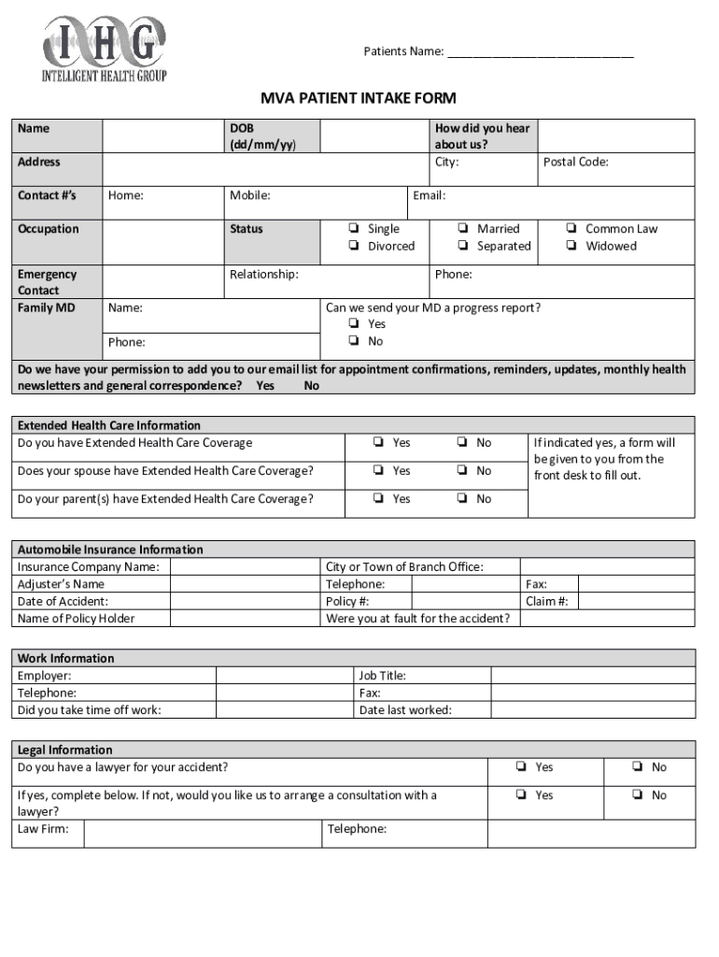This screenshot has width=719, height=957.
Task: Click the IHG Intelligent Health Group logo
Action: (104, 48)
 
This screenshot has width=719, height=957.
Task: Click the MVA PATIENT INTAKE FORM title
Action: (359, 98)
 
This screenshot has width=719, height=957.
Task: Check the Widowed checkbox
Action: (571, 246)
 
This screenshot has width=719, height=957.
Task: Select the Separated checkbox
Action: (463, 246)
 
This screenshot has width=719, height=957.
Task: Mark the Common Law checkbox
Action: (571, 229)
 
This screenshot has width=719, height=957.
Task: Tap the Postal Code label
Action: (575, 162)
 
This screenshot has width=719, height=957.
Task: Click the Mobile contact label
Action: (249, 195)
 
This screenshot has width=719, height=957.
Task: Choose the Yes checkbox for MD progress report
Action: (354, 324)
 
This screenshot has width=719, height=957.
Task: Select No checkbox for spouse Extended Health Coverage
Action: (463, 471)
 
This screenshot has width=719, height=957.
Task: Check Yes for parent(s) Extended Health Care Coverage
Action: (378, 499)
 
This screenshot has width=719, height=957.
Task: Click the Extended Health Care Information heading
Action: (109, 425)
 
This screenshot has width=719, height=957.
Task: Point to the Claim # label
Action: (546, 601)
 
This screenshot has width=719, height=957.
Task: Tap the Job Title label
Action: (382, 676)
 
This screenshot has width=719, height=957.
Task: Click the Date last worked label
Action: (405, 710)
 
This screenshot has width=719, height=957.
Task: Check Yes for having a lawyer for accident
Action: (520, 767)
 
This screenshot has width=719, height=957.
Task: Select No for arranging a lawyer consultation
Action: (636, 795)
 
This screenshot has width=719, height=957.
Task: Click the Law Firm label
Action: (43, 829)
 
